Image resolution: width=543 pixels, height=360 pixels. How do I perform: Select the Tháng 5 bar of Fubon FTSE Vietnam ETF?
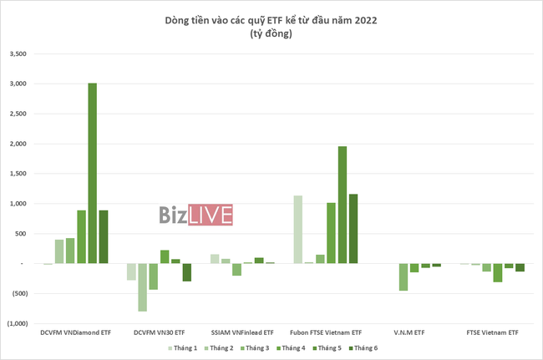[343, 205]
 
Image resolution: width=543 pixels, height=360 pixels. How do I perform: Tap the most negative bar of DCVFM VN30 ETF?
[143, 287]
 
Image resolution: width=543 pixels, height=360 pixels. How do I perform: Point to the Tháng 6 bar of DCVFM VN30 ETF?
[187, 272]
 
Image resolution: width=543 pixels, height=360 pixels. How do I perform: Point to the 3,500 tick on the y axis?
[18, 54]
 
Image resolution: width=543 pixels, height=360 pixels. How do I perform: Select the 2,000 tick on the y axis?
[18, 144]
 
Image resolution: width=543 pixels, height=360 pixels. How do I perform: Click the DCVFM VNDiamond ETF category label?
[76, 333]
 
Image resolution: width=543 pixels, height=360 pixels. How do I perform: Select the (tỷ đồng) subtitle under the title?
[271, 33]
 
